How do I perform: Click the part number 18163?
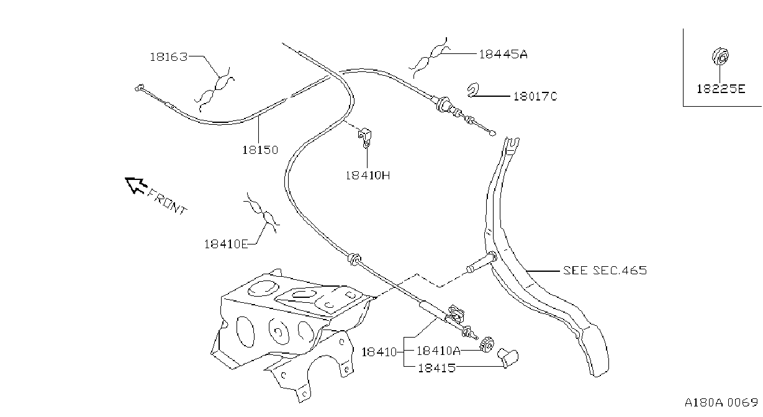click(x=169, y=57)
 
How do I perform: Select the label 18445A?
click(x=503, y=54)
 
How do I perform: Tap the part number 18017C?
click(x=535, y=96)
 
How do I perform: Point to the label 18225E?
click(x=721, y=89)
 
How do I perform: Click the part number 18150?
click(x=260, y=150)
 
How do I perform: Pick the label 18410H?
click(x=368, y=176)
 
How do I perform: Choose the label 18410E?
click(x=226, y=244)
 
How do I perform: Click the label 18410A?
click(x=439, y=351)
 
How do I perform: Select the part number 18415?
click(x=436, y=368)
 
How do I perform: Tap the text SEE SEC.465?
click(x=605, y=271)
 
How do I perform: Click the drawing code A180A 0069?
click(x=721, y=403)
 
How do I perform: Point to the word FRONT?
click(x=167, y=202)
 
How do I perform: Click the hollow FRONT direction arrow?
click(x=136, y=185)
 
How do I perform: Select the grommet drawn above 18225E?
click(x=720, y=56)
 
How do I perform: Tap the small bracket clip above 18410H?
click(x=365, y=138)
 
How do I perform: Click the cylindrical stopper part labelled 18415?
click(x=508, y=357)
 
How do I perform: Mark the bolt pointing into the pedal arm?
click(x=482, y=262)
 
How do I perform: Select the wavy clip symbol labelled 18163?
click(x=215, y=89)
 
